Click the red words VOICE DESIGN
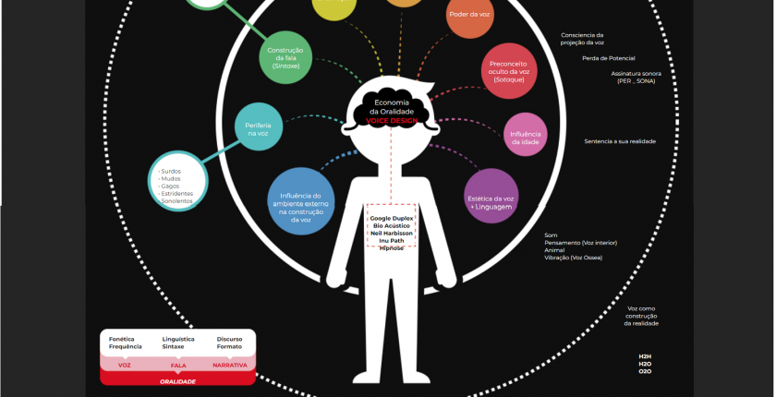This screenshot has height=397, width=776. tap(393, 121)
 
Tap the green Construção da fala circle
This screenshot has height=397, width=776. tap(285, 57)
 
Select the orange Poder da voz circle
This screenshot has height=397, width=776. tap(469, 15)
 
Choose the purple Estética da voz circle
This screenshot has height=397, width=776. tap(490, 196)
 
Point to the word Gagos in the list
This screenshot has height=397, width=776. tap(170, 186)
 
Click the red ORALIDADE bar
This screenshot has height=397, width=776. tap(177, 381)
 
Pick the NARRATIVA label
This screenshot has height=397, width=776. tap(230, 366)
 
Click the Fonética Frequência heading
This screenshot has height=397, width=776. tap(126, 343)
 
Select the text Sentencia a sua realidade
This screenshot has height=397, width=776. tap(620, 141)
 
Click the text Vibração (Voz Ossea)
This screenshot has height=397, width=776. tap(573, 257)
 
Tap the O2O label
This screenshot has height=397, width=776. tap(645, 370)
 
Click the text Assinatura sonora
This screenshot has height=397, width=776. tap(637, 73)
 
